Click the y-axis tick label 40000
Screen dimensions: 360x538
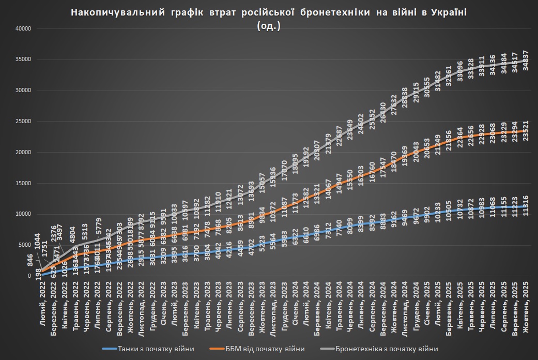pos(24,28)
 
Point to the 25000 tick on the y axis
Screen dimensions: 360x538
pos(24,122)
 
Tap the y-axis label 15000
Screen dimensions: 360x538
pos(24,183)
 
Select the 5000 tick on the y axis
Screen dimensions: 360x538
pos(25,245)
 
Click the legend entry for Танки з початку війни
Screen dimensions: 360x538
pos(156,349)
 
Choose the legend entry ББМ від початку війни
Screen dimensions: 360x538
pos(266,349)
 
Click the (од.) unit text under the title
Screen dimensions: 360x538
pos(269,27)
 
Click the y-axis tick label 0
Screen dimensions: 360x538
pos(30,276)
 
